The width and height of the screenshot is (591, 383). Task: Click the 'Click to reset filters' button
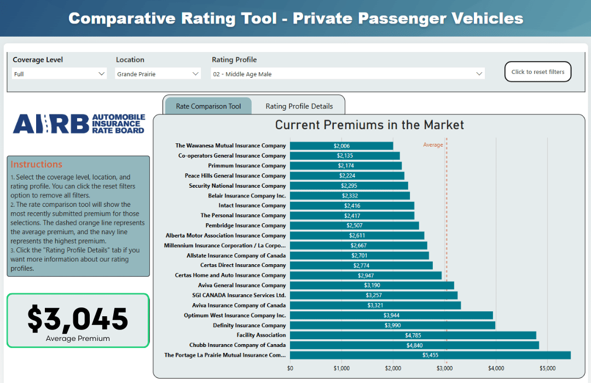537,72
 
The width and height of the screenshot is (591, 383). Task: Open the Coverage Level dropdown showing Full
59,74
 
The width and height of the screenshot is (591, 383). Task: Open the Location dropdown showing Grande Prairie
158,74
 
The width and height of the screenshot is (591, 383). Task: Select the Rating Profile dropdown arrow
479,74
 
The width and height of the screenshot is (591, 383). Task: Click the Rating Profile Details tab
299,106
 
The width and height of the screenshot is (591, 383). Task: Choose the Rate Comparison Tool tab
208,106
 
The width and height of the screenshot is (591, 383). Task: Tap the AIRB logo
79,124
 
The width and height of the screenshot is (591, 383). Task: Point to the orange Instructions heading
37,164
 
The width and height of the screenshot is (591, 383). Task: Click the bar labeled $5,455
430,355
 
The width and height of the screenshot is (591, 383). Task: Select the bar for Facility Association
413,335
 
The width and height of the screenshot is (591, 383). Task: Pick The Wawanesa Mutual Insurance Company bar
341,146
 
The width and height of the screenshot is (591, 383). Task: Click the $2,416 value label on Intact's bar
352,206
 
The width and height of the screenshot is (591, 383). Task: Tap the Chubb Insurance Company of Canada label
237,345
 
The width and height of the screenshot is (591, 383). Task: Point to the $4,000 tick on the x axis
496,368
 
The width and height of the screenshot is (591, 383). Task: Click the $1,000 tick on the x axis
341,368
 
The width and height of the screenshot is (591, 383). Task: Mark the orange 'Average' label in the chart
433,145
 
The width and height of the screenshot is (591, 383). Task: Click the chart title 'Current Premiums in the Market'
369,125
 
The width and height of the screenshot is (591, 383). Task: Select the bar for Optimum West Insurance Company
391,315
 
